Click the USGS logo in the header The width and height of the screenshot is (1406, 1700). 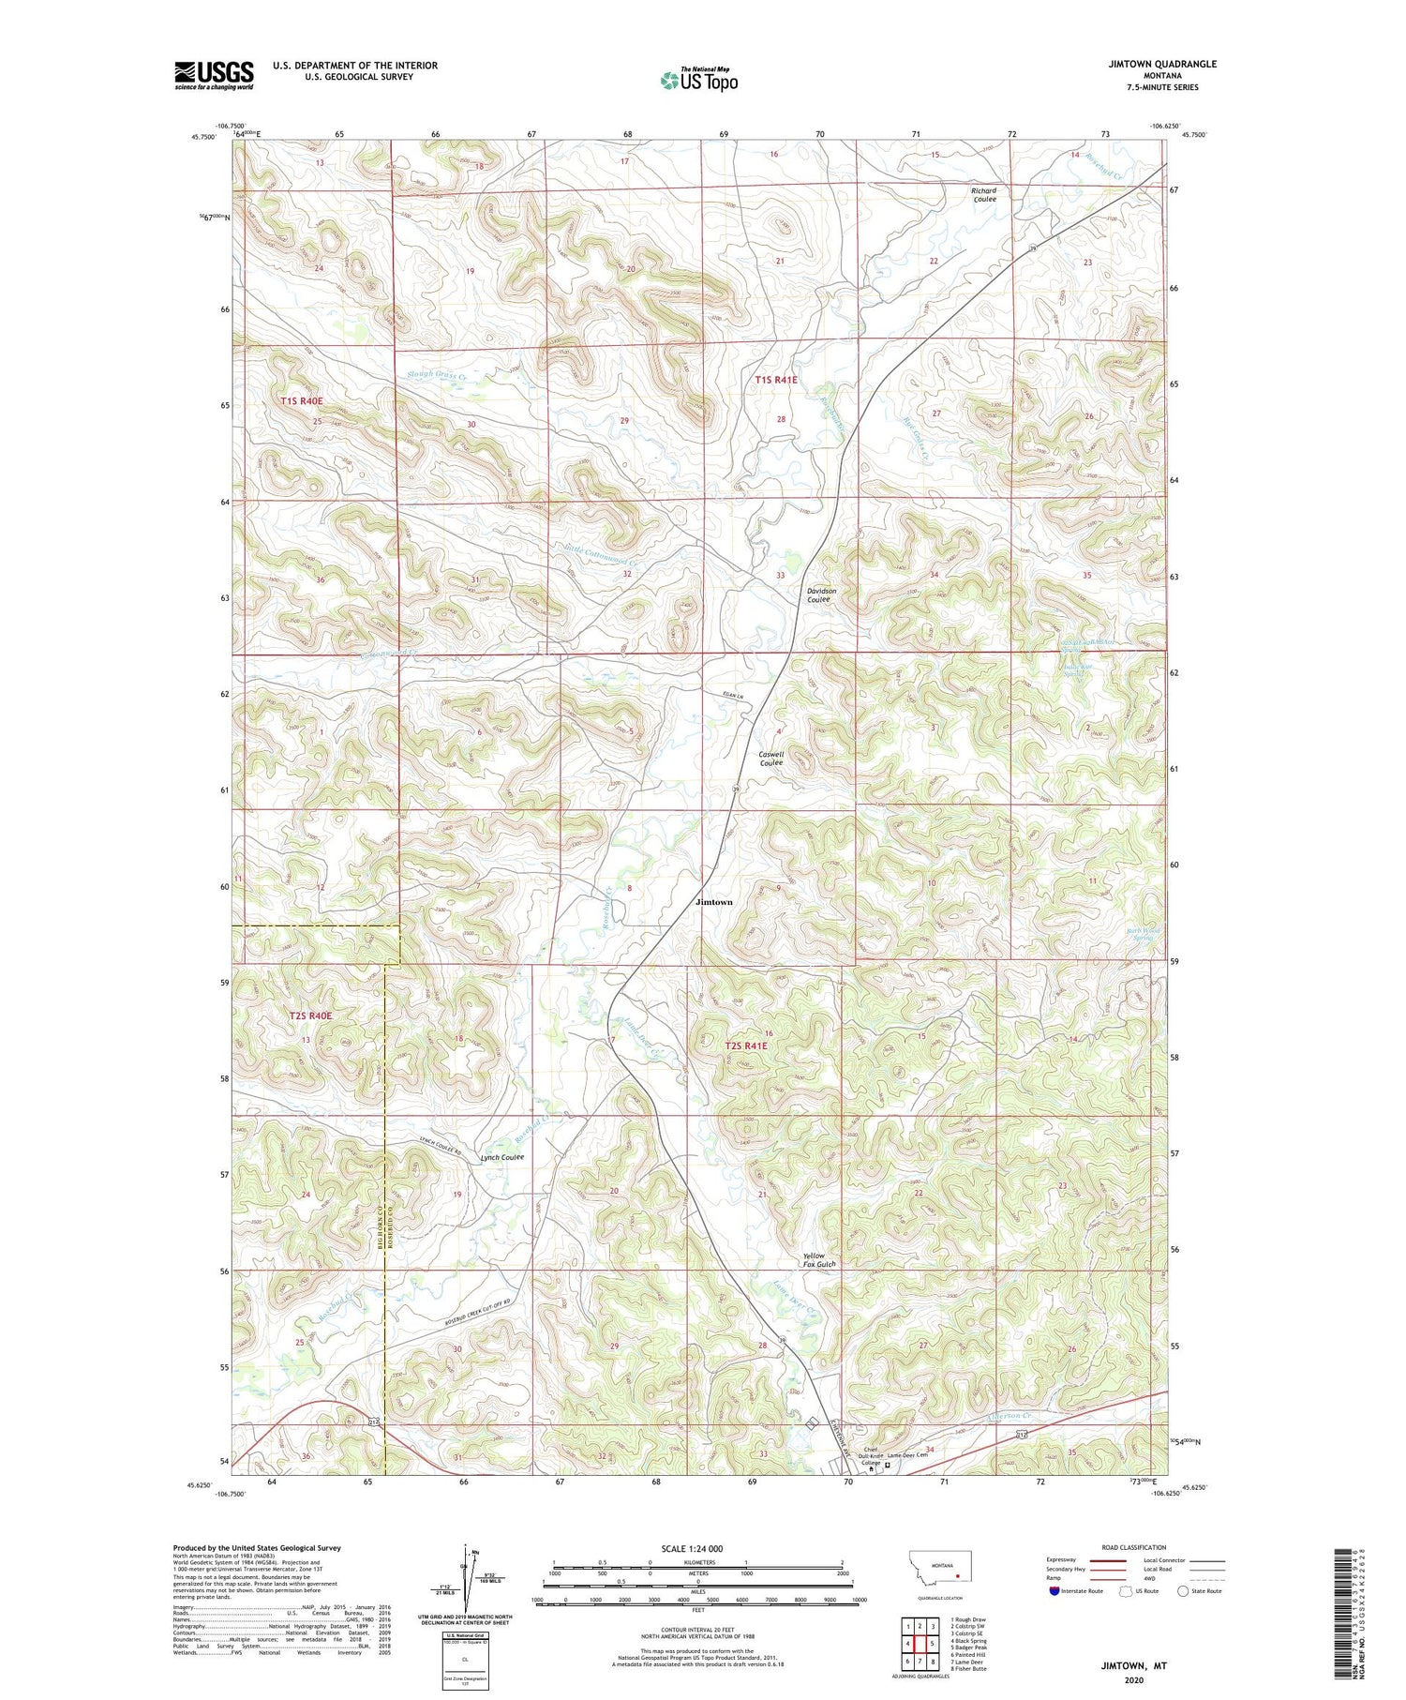pos(214,75)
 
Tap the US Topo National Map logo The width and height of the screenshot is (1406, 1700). pos(698,80)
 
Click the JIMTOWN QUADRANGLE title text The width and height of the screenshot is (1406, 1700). pos(1159,64)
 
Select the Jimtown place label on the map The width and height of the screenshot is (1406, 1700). pos(714,902)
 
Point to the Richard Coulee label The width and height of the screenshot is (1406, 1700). pos(984,195)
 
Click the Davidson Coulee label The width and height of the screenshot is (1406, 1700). pos(821,595)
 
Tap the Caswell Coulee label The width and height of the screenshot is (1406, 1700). pos(771,759)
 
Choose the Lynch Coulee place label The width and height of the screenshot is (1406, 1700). pos(501,1157)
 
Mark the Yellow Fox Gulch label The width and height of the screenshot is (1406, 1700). pos(818,1260)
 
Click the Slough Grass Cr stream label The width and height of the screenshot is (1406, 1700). pos(437,375)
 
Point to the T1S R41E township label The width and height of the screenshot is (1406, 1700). pos(775,380)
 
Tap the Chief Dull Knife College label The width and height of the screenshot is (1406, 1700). pos(872,1456)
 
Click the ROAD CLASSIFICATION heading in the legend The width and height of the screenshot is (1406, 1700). pos(1133,1547)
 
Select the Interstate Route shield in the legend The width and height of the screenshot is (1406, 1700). pos(1054,1590)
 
